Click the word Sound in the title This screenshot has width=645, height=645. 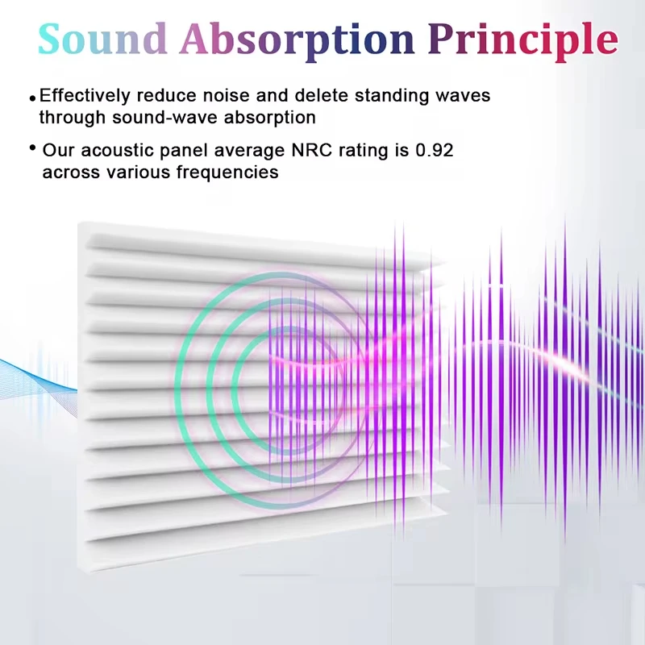point(102,39)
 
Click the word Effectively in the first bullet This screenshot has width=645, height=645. point(85,96)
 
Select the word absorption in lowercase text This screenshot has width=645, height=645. point(270,119)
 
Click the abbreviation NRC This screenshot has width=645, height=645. point(311,150)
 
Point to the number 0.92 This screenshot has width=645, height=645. point(435,150)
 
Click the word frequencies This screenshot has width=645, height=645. point(227,173)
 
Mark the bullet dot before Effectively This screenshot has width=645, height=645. point(33,98)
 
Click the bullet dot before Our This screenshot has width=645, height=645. point(33,148)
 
